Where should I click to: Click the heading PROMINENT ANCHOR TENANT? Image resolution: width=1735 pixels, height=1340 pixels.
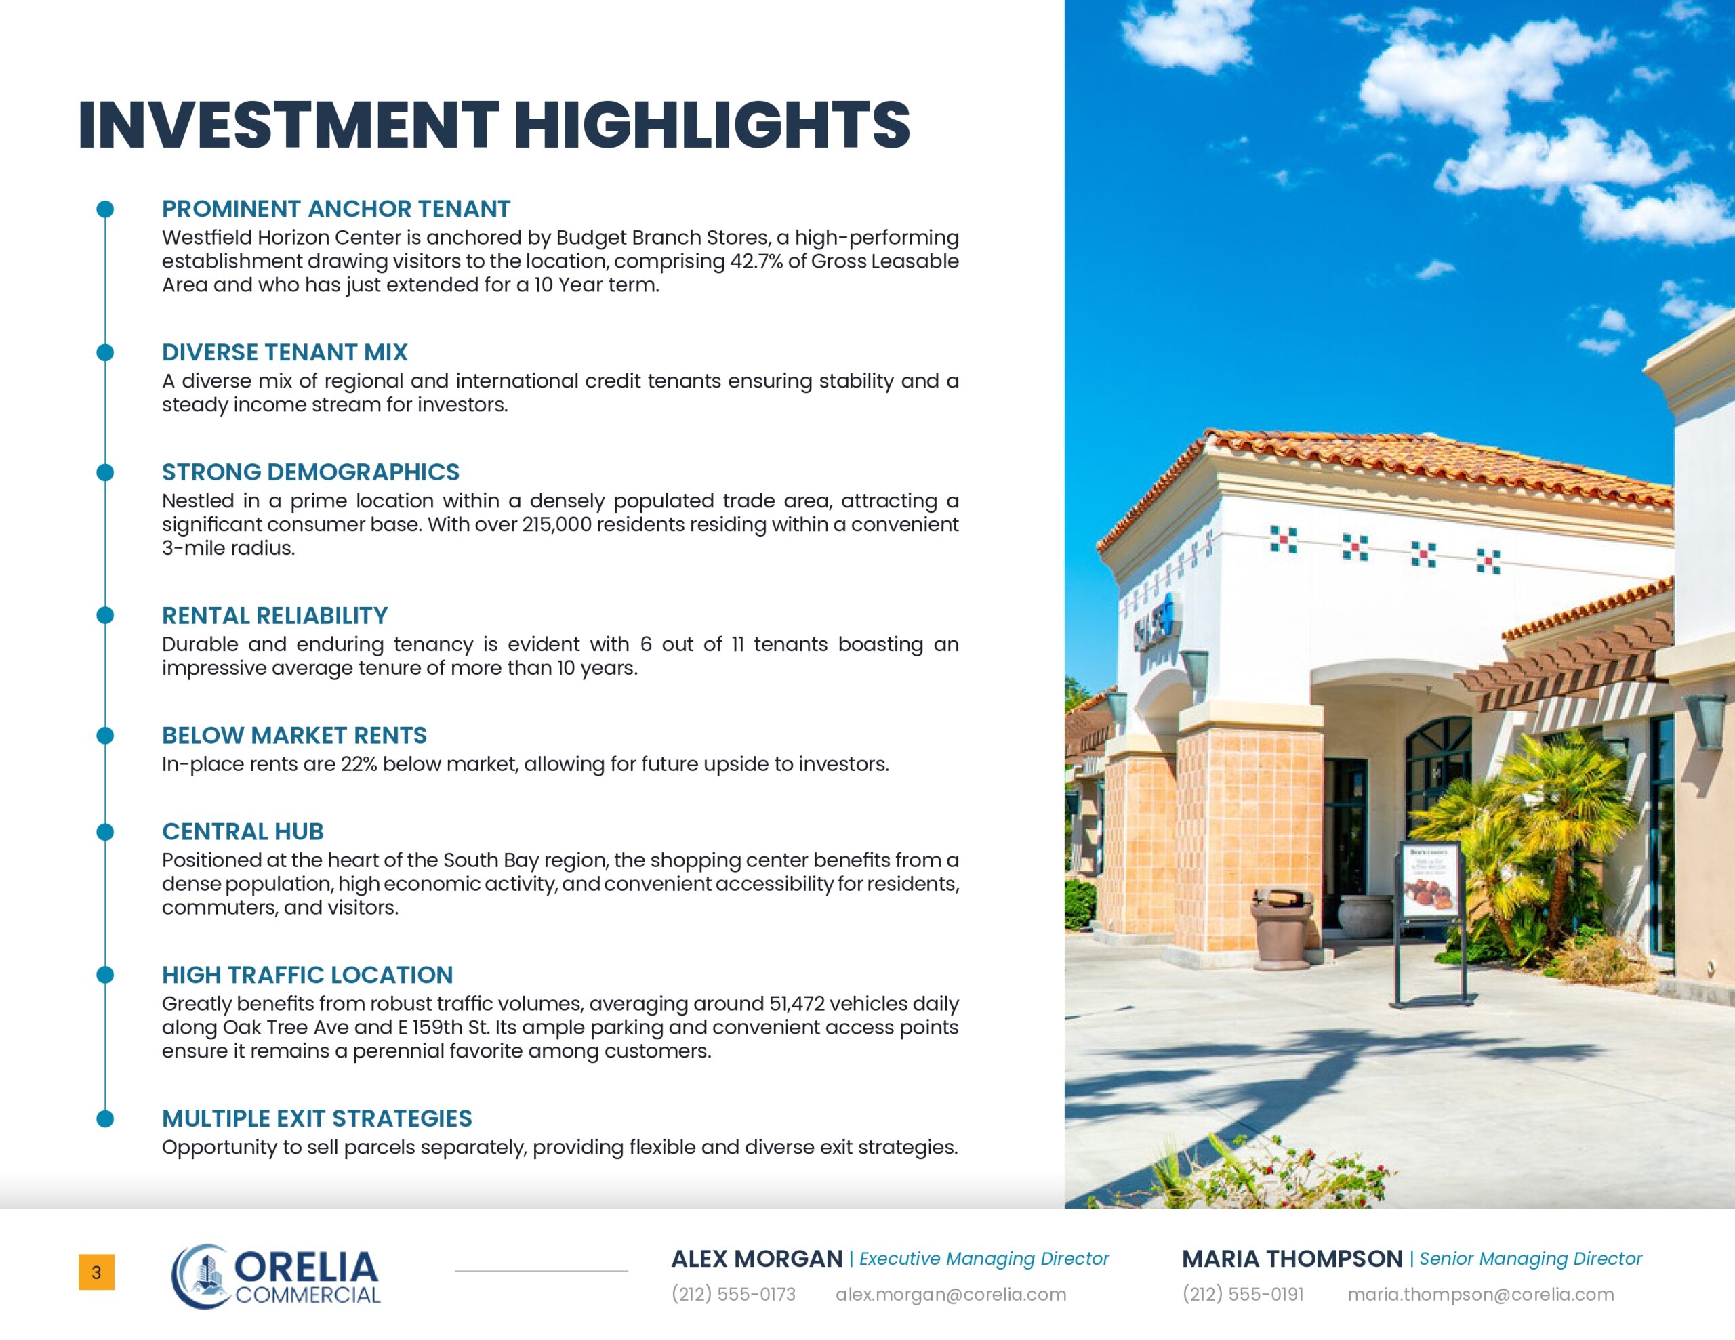point(335,209)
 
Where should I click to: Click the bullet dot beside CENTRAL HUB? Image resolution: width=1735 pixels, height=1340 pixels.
point(105,832)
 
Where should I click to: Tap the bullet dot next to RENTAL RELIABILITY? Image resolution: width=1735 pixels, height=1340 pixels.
point(105,616)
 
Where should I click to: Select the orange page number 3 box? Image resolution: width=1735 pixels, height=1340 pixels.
point(96,1272)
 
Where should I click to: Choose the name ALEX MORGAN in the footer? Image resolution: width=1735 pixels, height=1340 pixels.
point(756,1258)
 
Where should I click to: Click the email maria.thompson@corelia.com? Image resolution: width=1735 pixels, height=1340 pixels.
point(1480,1294)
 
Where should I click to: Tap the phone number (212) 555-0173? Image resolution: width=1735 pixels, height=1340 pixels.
point(733,1294)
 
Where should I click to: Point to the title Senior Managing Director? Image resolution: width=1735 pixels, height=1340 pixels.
point(1530,1258)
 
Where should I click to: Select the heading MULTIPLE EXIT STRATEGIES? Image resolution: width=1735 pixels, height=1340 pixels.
point(317,1118)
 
